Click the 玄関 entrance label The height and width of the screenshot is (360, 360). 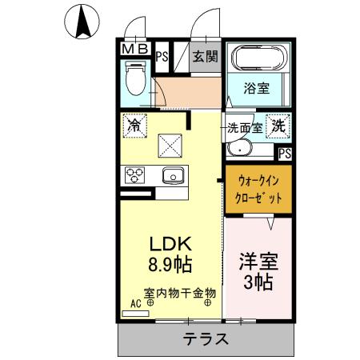pos(206,56)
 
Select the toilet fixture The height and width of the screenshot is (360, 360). pos(134,80)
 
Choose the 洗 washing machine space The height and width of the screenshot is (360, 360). pos(278,125)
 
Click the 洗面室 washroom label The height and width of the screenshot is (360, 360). pos(244,127)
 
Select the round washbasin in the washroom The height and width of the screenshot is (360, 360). pos(237,149)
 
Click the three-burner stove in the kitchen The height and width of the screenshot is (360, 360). pos(134,174)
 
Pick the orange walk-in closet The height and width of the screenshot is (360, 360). pos(257,189)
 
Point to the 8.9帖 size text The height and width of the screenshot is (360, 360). pos(170,265)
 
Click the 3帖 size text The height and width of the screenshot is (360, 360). pos(256,282)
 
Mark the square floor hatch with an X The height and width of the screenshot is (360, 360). pos(170,146)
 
